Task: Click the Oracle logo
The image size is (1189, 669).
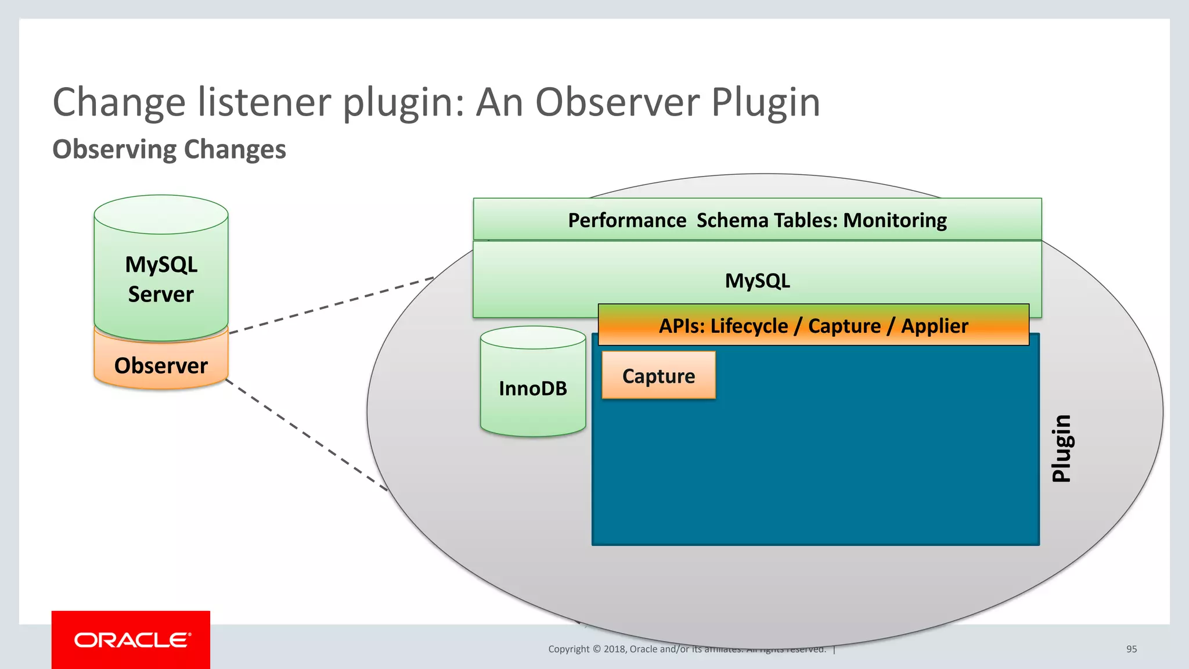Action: click(132, 640)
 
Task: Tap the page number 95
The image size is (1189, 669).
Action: click(1131, 649)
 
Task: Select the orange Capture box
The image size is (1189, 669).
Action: click(658, 376)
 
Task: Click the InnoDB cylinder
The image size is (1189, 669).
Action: click(532, 388)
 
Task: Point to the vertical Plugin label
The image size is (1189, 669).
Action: click(1062, 448)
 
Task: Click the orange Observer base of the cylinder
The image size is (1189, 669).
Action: click(161, 365)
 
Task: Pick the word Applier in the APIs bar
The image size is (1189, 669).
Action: click(934, 326)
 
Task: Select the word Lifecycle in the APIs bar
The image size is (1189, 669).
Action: click(749, 326)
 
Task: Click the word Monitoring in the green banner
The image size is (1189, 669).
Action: click(895, 220)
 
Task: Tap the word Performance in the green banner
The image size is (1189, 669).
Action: click(627, 220)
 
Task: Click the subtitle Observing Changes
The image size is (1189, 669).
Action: click(169, 149)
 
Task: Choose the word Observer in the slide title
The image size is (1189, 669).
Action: click(618, 102)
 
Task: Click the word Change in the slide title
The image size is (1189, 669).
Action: click(119, 102)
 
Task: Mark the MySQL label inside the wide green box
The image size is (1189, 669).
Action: click(757, 280)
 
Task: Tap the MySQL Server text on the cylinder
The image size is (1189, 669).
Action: click(161, 279)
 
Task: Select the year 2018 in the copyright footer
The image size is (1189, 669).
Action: click(614, 649)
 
